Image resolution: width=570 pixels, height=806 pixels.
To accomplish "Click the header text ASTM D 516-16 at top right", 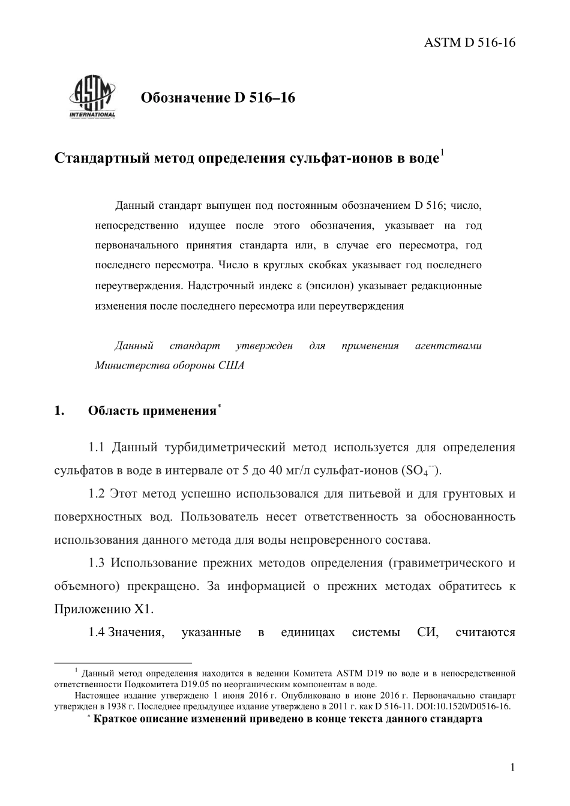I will (x=470, y=42).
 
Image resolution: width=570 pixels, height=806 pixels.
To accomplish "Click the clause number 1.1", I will (x=97, y=448).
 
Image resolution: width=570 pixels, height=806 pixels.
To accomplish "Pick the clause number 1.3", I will (x=97, y=563).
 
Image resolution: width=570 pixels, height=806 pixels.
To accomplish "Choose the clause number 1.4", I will (x=97, y=632).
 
